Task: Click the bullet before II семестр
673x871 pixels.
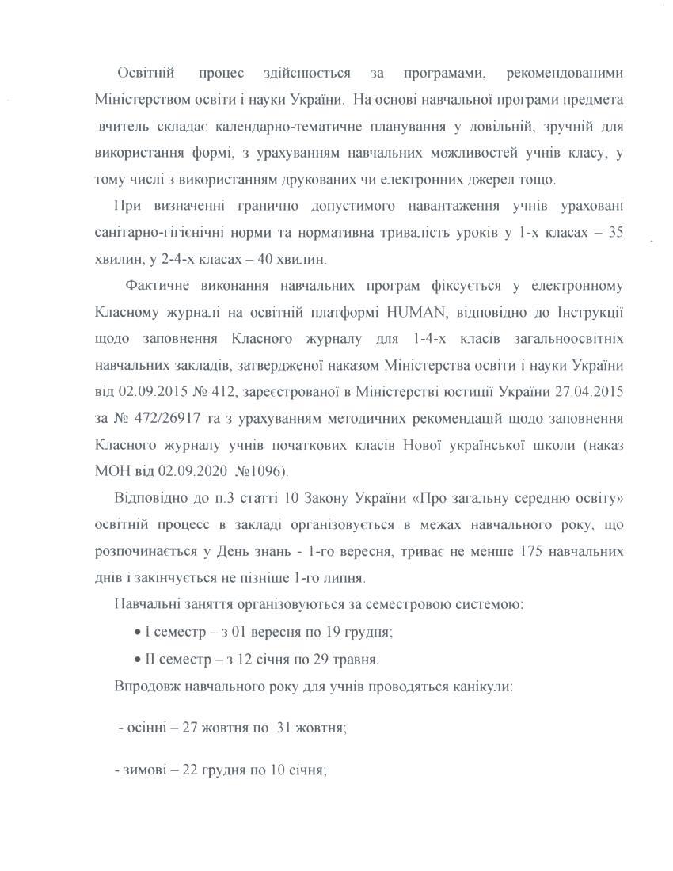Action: [x=138, y=659]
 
